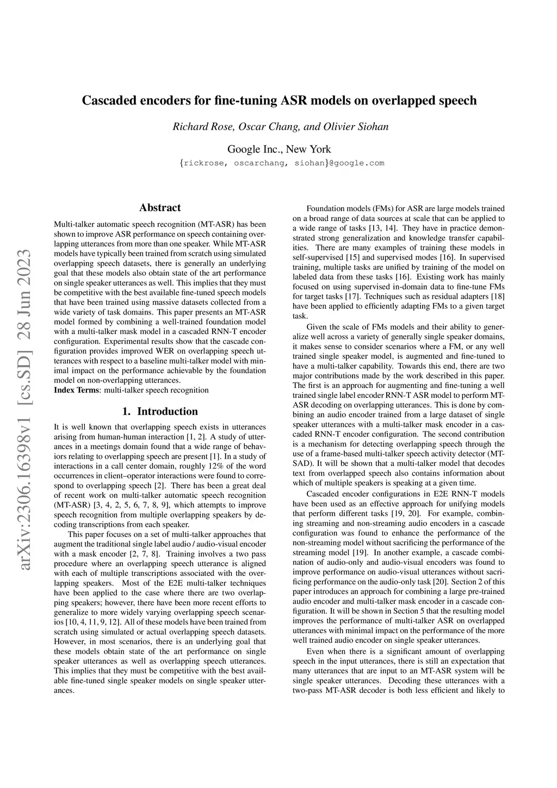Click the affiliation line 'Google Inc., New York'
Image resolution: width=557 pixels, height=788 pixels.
278,149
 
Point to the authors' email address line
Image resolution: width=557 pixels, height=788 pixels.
281,163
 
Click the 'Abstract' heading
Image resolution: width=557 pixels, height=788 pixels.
160,207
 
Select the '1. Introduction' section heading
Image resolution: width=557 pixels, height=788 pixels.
160,411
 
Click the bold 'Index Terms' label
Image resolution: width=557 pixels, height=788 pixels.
77,390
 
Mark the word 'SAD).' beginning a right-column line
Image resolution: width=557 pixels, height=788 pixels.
302,464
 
